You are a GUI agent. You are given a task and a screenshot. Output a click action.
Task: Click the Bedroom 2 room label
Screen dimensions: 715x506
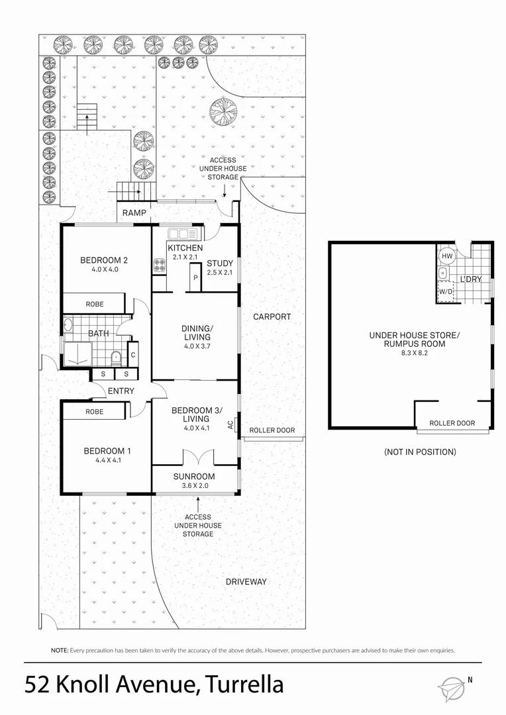[x=104, y=260]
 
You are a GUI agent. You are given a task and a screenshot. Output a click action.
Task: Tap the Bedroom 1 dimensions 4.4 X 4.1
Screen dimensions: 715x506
[x=107, y=461]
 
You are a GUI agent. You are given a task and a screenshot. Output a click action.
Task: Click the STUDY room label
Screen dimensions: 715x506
[x=220, y=263]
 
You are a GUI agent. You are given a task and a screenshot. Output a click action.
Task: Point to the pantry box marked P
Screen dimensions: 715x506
[x=195, y=278]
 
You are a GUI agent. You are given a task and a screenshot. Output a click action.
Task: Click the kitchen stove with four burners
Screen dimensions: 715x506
[x=160, y=265]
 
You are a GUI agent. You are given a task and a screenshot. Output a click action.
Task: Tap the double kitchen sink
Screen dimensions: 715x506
[x=181, y=233]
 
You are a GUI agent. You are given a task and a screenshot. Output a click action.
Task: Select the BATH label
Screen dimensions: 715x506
[x=99, y=334]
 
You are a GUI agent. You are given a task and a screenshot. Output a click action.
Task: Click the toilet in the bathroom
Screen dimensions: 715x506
[x=116, y=357]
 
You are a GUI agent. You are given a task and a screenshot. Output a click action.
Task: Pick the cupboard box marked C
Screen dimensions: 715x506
[x=133, y=355]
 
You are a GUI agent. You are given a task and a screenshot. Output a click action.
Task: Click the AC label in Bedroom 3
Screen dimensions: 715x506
[x=230, y=424]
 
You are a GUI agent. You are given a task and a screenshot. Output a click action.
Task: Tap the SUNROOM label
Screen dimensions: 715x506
[x=194, y=476]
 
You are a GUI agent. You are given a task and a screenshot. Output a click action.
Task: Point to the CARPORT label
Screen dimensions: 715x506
[x=272, y=316]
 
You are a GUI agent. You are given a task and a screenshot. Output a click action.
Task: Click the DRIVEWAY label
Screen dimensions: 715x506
[x=246, y=581]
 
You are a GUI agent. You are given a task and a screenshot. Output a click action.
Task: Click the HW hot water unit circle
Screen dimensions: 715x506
[x=446, y=256]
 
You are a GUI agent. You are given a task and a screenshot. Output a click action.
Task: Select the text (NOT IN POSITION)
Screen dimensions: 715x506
[x=420, y=452]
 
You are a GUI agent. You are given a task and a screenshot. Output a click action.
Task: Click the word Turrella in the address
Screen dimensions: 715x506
[x=245, y=684]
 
